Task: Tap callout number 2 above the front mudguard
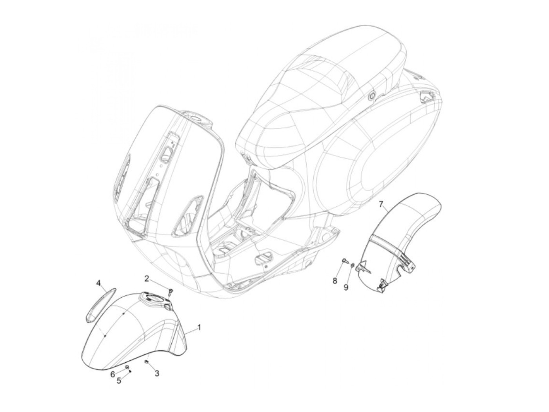point(147,278)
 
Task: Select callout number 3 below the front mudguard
point(156,374)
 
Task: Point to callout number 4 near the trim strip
point(99,283)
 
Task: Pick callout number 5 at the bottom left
point(119,380)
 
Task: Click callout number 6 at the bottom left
point(113,374)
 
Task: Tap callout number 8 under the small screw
point(335,281)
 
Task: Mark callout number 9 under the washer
point(346,287)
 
